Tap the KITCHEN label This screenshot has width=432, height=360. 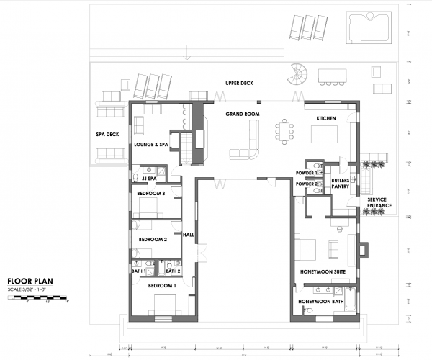pos(327,118)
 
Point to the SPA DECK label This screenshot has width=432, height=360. pos(107,135)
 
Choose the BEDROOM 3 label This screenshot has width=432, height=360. pos(152,194)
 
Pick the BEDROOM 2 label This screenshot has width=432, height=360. pos(153,239)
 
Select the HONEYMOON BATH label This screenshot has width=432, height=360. pos(321,300)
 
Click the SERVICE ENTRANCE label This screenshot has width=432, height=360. pos(379,203)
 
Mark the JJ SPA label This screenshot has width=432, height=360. pos(149,178)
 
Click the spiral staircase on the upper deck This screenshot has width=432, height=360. pos(297,75)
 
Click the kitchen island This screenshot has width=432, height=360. pos(324,135)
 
